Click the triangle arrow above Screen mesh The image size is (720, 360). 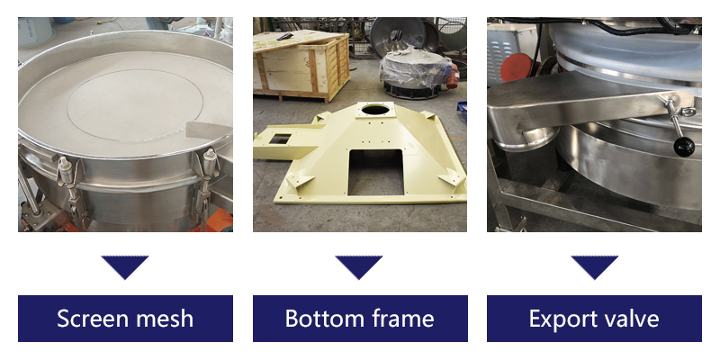[x=125, y=266]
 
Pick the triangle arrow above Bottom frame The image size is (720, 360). [x=358, y=266]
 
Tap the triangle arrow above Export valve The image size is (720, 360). [x=595, y=266]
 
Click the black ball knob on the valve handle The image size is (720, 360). [x=684, y=147]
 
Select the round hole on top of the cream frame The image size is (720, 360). [x=375, y=110]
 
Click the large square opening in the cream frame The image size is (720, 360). [x=375, y=171]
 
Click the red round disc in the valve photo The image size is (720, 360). [x=516, y=67]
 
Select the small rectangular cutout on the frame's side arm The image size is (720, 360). [x=280, y=139]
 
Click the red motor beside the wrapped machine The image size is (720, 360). [x=453, y=75]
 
